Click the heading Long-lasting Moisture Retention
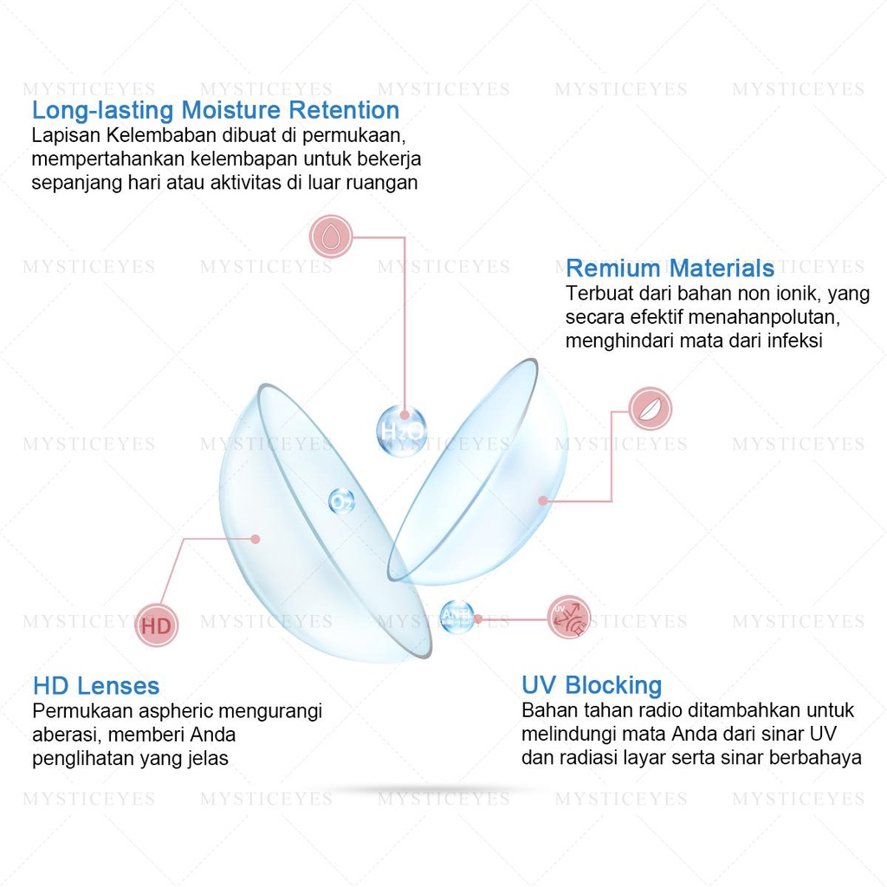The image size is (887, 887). point(216,111)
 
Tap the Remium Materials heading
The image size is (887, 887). point(670,268)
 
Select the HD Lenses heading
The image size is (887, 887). point(96,687)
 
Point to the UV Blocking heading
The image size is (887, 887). point(592,686)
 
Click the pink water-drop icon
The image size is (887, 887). point(330,236)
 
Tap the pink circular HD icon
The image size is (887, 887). point(157,625)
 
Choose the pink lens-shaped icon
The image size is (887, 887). point(650,410)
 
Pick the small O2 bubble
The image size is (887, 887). point(341,500)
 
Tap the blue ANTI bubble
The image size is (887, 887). point(456,616)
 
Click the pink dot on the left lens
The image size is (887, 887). point(256,539)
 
